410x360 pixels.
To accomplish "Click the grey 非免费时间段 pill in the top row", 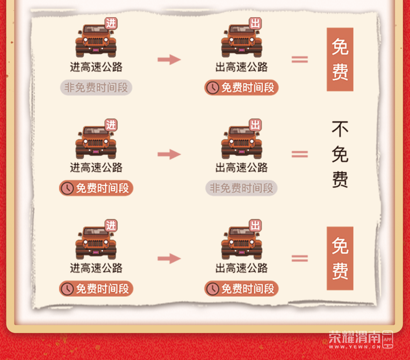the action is pos(96,87).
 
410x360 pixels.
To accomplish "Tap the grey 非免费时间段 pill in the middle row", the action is pos(241,188).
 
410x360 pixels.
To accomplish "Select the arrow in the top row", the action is pos(169,59).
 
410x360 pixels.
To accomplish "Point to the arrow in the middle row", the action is pos(169,154).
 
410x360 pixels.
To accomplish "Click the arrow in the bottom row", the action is pos(169,259).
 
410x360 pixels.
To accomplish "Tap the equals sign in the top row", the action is pos(300,59).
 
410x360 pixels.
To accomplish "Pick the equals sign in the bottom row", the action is pos(300,258).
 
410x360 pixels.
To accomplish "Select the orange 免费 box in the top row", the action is pos(340,59).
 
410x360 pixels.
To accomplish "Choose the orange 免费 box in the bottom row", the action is pos(340,258).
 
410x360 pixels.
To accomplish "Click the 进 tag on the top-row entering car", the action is pos(111,23).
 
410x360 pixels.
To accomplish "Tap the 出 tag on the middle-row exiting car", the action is pos(255,125).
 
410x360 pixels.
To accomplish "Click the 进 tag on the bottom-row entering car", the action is pos(111,225).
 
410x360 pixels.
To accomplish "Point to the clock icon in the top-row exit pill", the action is pos(212,88).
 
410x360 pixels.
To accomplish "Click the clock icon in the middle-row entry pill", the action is pos(67,188).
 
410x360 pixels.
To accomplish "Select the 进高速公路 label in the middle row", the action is pos(96,168).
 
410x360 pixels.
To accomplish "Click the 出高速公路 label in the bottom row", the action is pos(241,268).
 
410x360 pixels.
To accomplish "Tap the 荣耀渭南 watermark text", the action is pos(355,337).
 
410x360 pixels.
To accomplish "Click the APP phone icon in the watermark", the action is pos(387,340).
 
